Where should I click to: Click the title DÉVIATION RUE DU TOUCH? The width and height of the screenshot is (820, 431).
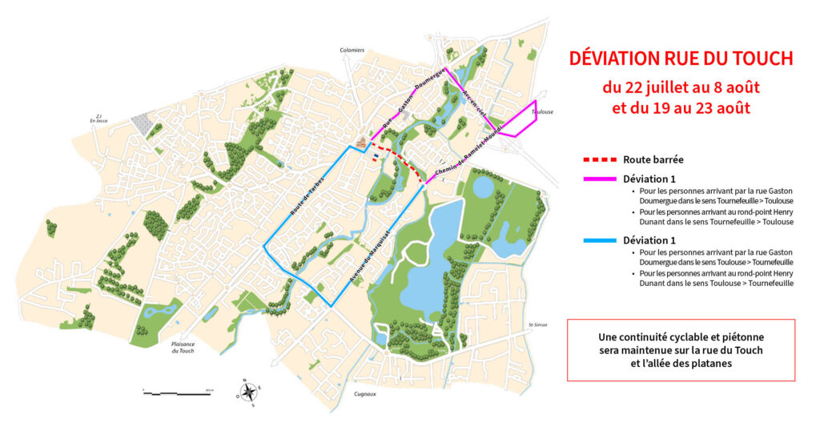[x=681, y=59]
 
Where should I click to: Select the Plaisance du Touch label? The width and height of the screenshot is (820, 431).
[x=183, y=348]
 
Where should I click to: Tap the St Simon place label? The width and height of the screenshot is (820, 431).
[x=538, y=324]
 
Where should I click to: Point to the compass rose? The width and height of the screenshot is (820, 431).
[x=249, y=392]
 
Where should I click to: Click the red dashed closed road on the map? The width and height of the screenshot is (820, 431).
[x=398, y=157]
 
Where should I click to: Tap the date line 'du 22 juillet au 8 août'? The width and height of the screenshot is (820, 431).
[x=681, y=86]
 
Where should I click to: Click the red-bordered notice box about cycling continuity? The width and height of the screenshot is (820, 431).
[x=681, y=350]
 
